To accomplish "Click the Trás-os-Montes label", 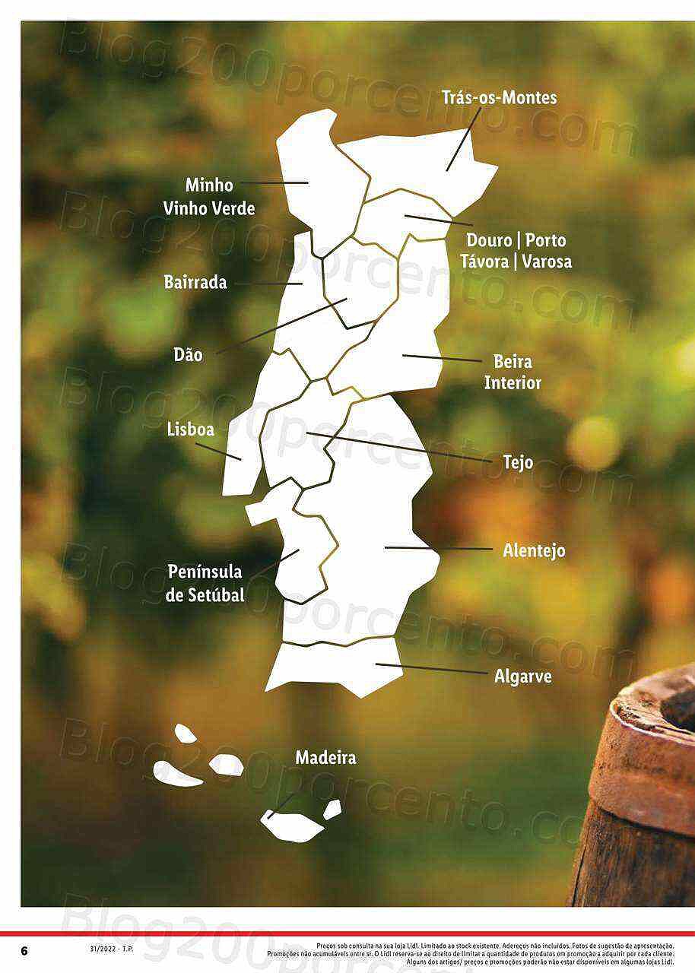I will (x=499, y=97).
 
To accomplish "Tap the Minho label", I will (x=209, y=185).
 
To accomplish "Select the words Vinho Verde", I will (x=209, y=208).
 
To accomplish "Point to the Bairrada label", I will (x=195, y=282).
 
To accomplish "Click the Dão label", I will (x=188, y=354).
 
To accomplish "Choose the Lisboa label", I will (x=190, y=429).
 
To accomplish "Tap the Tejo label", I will (x=518, y=462).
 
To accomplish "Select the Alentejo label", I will (x=534, y=550).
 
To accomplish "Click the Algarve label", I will (x=523, y=676).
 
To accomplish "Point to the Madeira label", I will (x=325, y=758).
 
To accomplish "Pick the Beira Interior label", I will (x=513, y=372).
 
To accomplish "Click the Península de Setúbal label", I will (x=205, y=583).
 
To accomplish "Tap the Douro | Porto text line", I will (x=516, y=240).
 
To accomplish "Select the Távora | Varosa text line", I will (x=516, y=261).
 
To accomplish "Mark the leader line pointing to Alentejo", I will (x=440, y=548).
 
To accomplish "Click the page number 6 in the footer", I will (x=24, y=951).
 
